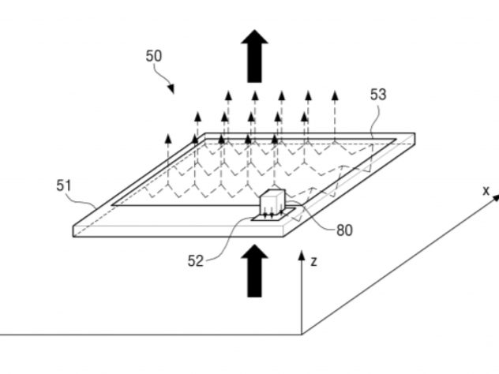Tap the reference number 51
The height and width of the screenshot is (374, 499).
click(x=65, y=185)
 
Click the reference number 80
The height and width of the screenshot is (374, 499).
click(x=344, y=230)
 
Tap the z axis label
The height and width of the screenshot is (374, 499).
click(x=314, y=260)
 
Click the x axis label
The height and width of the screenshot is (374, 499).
click(x=486, y=190)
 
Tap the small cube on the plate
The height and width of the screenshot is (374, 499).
click(x=272, y=203)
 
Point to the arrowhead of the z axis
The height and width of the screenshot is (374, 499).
click(x=301, y=256)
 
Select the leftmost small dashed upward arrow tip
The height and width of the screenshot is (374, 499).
click(x=167, y=136)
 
